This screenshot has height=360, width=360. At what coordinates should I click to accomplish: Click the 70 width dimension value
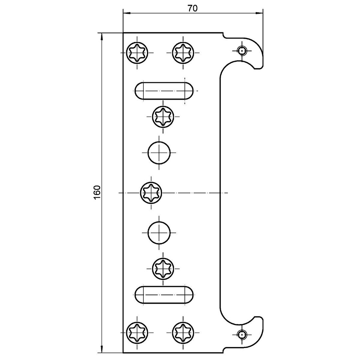click(192, 9)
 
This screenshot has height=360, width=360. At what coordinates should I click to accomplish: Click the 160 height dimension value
click(97, 192)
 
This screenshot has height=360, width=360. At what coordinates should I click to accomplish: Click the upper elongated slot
click(164, 91)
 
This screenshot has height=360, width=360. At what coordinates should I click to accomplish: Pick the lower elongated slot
click(164, 295)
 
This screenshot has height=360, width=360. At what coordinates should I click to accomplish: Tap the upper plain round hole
click(159, 153)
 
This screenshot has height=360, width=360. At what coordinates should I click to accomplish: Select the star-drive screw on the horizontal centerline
click(152, 192)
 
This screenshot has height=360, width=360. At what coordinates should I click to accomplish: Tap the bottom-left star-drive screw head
click(137, 333)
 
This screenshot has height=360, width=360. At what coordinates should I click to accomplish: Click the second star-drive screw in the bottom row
click(183, 333)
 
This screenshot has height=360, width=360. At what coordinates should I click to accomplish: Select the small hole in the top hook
click(242, 51)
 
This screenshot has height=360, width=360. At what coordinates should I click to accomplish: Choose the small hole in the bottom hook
click(242, 334)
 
